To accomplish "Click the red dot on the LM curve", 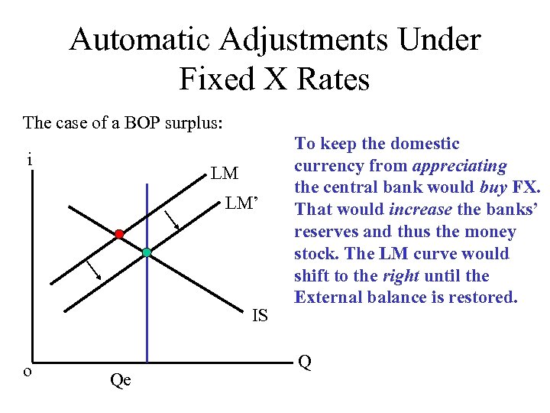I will (x=119, y=234).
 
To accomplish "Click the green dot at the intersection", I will (x=147, y=252).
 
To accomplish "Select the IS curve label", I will (x=260, y=314).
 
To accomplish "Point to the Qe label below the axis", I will (x=121, y=379).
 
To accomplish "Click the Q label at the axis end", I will (x=304, y=362).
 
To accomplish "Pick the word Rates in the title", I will (x=332, y=78).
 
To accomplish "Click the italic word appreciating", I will (x=460, y=165).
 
